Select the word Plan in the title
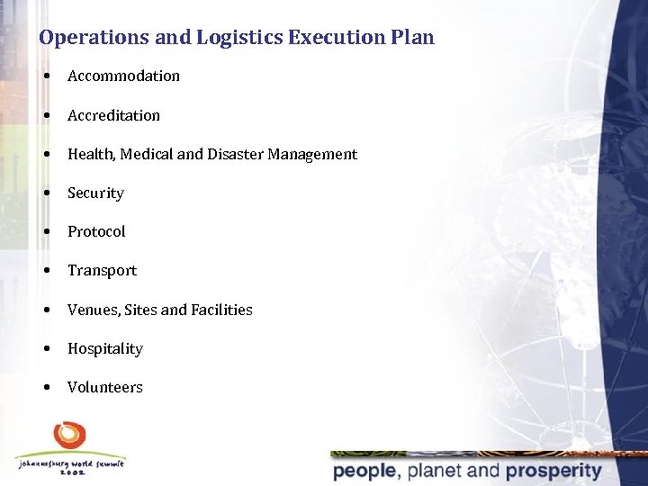(x=413, y=38)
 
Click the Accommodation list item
(x=123, y=76)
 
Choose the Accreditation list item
(x=113, y=115)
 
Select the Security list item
(x=95, y=193)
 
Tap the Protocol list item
(x=96, y=231)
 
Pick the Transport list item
(x=102, y=270)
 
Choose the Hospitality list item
(x=104, y=348)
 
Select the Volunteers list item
(x=104, y=387)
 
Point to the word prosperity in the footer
(x=553, y=471)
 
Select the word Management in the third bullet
(x=315, y=154)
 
